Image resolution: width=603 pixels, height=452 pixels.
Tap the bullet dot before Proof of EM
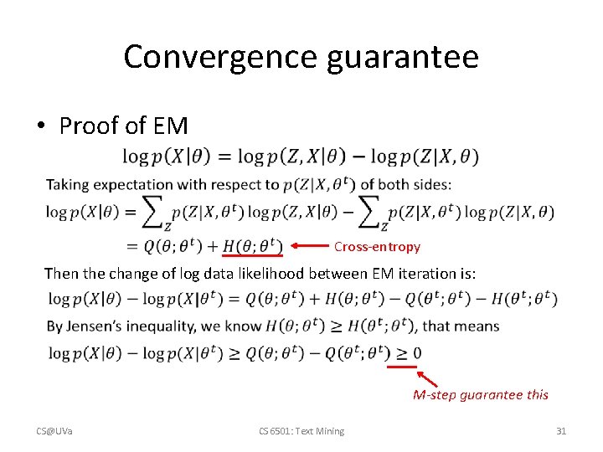[x=40, y=126]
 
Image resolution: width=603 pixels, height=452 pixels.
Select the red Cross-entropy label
[x=377, y=247]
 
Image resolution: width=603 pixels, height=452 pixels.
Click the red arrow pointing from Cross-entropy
[x=308, y=246]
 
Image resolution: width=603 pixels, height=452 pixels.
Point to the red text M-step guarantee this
[x=481, y=395]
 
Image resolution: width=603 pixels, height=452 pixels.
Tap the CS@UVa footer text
[x=54, y=431]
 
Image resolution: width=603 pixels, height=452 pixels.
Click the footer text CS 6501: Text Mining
[x=301, y=431]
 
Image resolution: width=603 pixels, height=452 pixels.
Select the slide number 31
[x=561, y=431]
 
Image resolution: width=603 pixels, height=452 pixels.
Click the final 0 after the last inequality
[x=416, y=352]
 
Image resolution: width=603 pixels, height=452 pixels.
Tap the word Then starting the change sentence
[x=61, y=273]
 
